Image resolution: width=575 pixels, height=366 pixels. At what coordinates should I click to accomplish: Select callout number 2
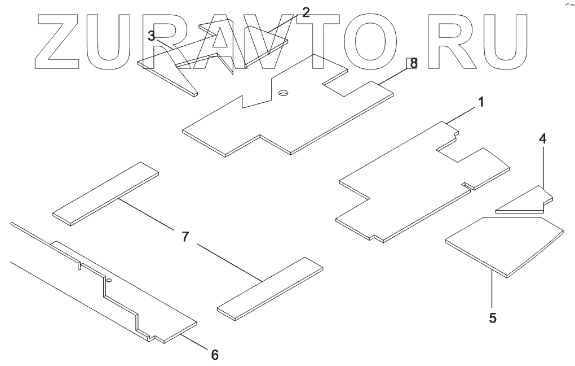pyautogui.click(x=306, y=13)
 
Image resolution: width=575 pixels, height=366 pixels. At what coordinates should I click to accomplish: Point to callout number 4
pyautogui.click(x=542, y=138)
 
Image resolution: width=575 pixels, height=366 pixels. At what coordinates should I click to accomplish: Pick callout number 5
pyautogui.click(x=493, y=317)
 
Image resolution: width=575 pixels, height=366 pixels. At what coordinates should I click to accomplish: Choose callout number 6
pyautogui.click(x=214, y=355)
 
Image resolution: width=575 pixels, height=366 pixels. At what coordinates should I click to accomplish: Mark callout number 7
pyautogui.click(x=185, y=237)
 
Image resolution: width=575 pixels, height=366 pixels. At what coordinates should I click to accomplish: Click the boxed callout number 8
pyautogui.click(x=413, y=63)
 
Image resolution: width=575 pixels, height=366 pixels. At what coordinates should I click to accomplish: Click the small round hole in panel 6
pyautogui.click(x=109, y=280)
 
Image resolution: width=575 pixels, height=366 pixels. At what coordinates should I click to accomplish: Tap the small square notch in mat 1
pyautogui.click(x=465, y=184)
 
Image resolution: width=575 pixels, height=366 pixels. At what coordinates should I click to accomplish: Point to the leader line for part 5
pyautogui.click(x=492, y=290)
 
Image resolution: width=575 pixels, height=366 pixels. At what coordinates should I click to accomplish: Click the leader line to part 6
pyautogui.click(x=194, y=342)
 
